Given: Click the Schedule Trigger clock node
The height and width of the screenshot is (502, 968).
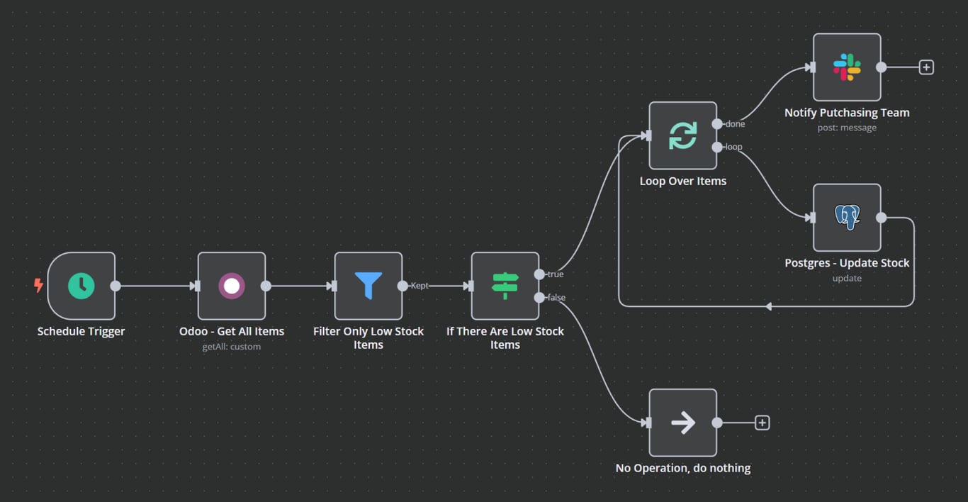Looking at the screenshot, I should click(x=81, y=286).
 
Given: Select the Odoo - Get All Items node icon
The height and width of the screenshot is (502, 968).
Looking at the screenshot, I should click(x=232, y=286).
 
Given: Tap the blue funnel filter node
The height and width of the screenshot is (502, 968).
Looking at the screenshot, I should click(x=368, y=286).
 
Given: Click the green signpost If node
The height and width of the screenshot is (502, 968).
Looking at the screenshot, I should click(x=505, y=286).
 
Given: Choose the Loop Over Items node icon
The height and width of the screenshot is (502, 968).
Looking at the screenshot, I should click(x=683, y=135).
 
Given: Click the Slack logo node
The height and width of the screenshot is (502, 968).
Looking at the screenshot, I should click(x=847, y=67).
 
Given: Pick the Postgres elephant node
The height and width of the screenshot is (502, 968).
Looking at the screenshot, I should click(x=847, y=218).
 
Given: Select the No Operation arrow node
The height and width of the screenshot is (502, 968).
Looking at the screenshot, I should click(x=683, y=423).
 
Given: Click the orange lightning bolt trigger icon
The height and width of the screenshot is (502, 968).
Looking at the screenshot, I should click(x=38, y=285).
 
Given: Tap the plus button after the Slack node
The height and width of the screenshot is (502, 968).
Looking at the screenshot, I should click(x=926, y=67).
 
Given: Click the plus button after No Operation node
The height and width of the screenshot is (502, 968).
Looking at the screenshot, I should click(x=762, y=423).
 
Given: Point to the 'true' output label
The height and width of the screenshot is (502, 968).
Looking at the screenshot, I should click(x=556, y=274).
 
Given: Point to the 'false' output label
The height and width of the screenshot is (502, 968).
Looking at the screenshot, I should click(x=556, y=298).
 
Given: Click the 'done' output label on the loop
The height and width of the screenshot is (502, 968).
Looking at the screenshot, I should click(x=735, y=124).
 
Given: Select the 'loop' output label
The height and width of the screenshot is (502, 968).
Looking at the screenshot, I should click(x=733, y=147).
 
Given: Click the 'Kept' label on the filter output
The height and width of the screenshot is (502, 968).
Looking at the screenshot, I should click(x=420, y=286).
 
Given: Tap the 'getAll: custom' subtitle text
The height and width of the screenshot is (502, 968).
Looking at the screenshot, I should click(x=232, y=347).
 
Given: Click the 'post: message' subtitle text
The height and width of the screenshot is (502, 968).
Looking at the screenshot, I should click(x=847, y=128).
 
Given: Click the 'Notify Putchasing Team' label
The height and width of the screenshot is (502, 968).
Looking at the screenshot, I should click(x=847, y=113).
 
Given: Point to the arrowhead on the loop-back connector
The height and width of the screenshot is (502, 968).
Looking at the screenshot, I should click(x=768, y=306).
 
